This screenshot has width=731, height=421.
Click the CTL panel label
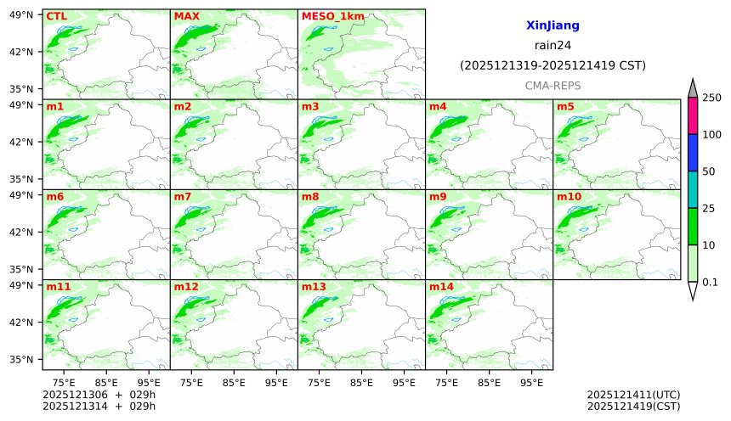pos(56,16)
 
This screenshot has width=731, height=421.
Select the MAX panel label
pos(185,16)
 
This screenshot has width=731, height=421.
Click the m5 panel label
pos(565,107)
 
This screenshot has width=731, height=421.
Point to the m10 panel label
pos(569,197)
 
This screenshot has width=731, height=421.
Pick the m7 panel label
pos(183,197)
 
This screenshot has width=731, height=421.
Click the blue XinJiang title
pos(552,26)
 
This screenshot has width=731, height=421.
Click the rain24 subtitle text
pos(552,46)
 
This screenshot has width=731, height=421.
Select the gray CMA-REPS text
pos(552,86)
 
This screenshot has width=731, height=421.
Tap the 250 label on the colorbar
pos(711,98)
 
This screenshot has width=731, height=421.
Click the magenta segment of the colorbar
pos(693,116)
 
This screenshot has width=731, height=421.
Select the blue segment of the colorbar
pos(693,153)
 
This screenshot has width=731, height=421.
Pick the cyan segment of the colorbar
pos(693,189)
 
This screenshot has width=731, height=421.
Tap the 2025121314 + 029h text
pos(99,407)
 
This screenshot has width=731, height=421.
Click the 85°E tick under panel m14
pos(489,383)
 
